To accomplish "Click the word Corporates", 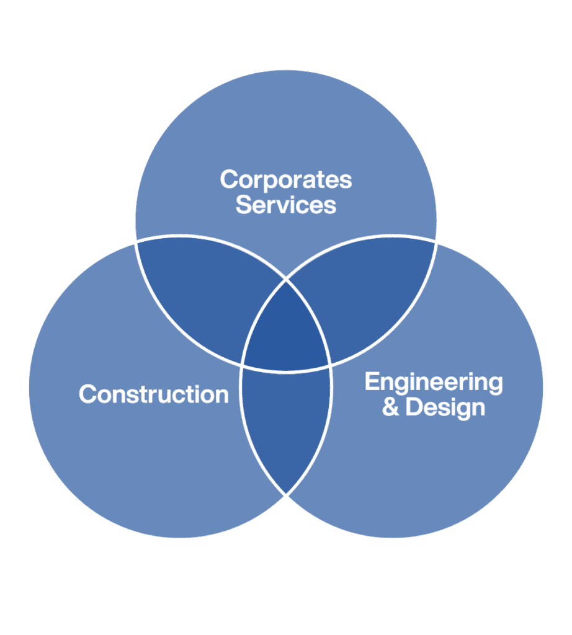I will click(x=286, y=180).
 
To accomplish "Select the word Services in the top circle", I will click(x=286, y=205).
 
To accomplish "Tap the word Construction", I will click(x=154, y=394).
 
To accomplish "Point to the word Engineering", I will click(x=433, y=382).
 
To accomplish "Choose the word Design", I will click(x=445, y=407).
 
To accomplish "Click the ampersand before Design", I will click(x=391, y=408).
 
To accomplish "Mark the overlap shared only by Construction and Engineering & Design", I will click(x=286, y=428).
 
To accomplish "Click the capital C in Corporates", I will click(x=229, y=180).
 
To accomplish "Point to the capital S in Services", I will click(x=243, y=205).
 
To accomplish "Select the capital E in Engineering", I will click(x=371, y=382).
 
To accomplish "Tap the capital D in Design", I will click(x=413, y=407).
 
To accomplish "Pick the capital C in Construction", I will click(x=87, y=394).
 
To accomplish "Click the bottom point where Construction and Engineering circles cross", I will click(x=286, y=495).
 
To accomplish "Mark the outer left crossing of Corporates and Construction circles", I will click(x=136, y=242).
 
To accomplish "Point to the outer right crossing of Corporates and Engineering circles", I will click(x=436, y=242).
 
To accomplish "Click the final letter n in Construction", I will click(x=222, y=395).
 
